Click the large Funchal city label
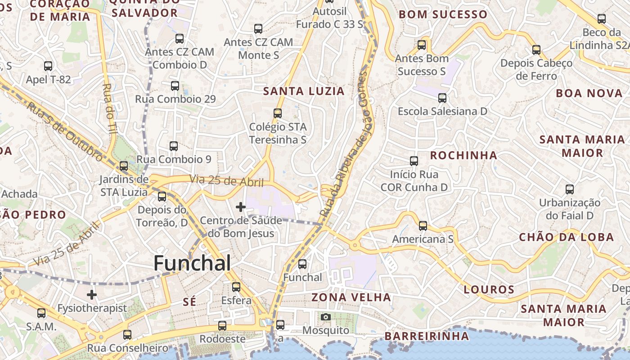[x=192, y=263]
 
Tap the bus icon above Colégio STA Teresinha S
[x=278, y=113]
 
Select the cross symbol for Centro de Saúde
[x=241, y=207]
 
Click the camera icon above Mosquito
[x=326, y=317]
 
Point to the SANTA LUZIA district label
[x=304, y=91]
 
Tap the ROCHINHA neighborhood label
[x=463, y=156]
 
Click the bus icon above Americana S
[x=423, y=225]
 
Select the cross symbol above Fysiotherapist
[x=92, y=295]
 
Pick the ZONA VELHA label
[x=351, y=297]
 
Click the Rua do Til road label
[x=109, y=108]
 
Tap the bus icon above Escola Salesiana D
[x=442, y=98]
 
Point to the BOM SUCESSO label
[x=443, y=14]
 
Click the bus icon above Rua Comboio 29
[x=175, y=85]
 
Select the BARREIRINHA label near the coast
[x=427, y=336]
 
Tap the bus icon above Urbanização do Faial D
[x=570, y=189]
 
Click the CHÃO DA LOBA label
[x=566, y=237]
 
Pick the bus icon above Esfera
[x=236, y=287]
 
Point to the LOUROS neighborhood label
[x=489, y=289]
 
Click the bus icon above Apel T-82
[x=48, y=66]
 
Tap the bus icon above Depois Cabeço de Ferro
[x=536, y=49]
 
